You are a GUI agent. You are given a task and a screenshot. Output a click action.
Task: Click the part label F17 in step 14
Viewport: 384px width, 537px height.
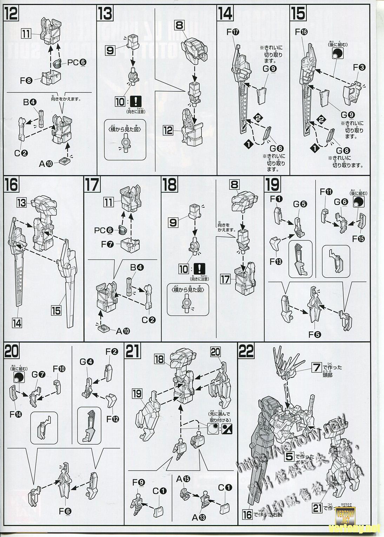click(233, 32)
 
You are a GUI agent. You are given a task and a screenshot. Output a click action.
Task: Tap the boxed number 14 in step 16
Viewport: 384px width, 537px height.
click(17, 323)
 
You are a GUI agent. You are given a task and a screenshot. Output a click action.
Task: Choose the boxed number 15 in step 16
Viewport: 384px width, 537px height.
click(56, 310)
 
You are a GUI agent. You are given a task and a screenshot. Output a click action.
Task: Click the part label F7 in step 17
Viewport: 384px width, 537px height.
click(108, 244)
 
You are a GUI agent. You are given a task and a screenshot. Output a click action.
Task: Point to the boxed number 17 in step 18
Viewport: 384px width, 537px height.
click(225, 279)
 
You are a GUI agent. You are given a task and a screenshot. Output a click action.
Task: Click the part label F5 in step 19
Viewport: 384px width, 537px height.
click(315, 334)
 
